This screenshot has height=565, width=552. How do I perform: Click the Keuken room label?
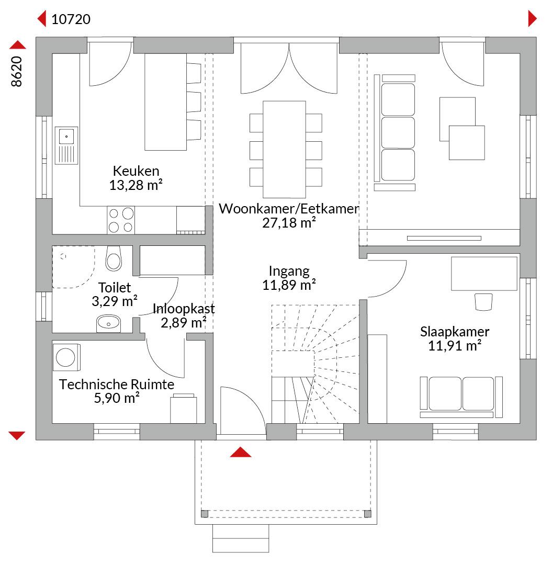click(136, 171)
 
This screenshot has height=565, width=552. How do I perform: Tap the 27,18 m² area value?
click(289, 223)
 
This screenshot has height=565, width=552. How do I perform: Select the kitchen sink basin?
click(66, 137)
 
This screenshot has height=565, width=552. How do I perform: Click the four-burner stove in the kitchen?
click(121, 220)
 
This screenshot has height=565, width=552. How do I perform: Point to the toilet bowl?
click(114, 259)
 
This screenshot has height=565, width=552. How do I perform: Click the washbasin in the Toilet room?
click(108, 323)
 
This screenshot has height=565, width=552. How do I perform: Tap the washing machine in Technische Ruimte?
click(66, 357)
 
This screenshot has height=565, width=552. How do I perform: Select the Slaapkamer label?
click(455, 332)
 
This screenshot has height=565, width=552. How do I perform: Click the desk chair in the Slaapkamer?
click(483, 302)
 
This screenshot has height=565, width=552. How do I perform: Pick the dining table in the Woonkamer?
click(284, 150)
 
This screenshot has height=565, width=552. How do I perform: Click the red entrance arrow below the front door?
click(240, 452)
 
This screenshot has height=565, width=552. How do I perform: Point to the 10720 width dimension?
click(71, 19)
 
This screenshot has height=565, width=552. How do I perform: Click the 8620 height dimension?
click(17, 71)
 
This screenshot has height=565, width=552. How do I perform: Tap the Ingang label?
click(289, 271)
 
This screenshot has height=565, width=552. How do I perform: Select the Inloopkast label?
click(184, 309)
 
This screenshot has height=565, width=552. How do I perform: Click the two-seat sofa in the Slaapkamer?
click(461, 397)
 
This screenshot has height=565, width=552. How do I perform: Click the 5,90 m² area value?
click(117, 398)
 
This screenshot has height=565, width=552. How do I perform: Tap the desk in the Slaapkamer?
click(484, 274)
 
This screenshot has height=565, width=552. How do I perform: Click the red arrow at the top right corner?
click(532, 19)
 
